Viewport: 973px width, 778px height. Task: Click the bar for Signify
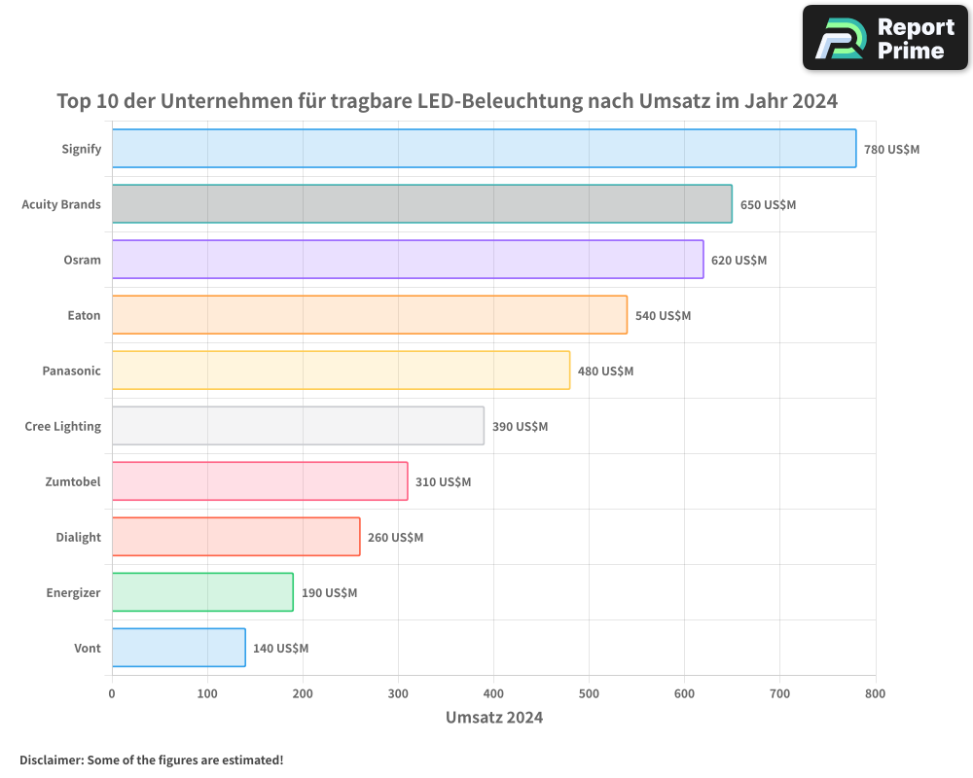pos(484,149)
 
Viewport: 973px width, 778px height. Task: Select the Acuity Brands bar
pos(421,204)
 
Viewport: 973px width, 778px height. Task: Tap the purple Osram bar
pos(407,260)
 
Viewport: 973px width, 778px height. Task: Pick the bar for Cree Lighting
pos(298,426)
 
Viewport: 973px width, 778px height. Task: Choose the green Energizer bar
pos(202,592)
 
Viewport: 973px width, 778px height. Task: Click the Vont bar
pos(178,648)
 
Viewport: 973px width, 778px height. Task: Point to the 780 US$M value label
pos(891,150)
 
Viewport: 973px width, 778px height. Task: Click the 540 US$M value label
pos(663,316)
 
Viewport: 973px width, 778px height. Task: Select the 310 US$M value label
pos(443,482)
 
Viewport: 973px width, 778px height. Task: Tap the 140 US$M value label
pos(280,649)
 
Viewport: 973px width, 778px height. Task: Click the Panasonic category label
pos(71,371)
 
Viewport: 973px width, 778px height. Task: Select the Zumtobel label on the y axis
pos(72,481)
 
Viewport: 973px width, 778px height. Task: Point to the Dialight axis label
pos(78,537)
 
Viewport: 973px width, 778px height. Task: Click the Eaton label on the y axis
pos(84,315)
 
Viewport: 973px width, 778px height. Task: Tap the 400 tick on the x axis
pos(493,693)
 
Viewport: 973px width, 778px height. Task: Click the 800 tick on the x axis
pos(875,693)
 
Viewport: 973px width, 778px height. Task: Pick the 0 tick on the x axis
pos(112,693)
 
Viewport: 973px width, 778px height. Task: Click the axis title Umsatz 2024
pos(493,718)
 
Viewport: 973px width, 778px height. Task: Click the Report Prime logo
pos(884,38)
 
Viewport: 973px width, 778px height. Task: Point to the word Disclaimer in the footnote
pos(50,760)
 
